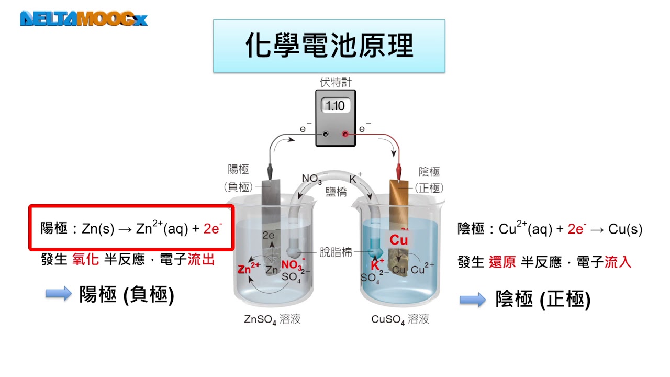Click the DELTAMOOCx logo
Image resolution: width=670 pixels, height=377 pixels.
click(x=84, y=19)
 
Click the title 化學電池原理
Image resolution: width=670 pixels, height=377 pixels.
click(x=329, y=46)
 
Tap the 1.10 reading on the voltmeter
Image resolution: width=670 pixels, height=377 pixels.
click(x=335, y=106)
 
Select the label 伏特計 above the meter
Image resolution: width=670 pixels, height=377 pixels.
click(x=336, y=82)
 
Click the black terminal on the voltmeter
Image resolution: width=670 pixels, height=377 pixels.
click(x=325, y=134)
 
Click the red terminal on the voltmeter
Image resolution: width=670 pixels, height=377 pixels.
click(x=345, y=134)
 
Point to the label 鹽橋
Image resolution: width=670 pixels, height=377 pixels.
click(x=336, y=192)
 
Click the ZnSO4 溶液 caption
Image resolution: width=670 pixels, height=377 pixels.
click(x=272, y=319)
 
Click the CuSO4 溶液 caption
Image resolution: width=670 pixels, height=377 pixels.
click(x=400, y=319)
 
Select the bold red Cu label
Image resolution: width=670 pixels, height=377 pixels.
click(x=398, y=240)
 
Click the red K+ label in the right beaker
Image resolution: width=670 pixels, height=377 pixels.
click(x=377, y=264)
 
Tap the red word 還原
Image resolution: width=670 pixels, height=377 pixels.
click(x=502, y=262)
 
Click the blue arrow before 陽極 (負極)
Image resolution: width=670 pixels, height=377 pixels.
click(x=58, y=294)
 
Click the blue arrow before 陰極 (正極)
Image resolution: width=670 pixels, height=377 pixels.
click(x=473, y=300)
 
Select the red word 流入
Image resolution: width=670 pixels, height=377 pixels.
click(x=618, y=262)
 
